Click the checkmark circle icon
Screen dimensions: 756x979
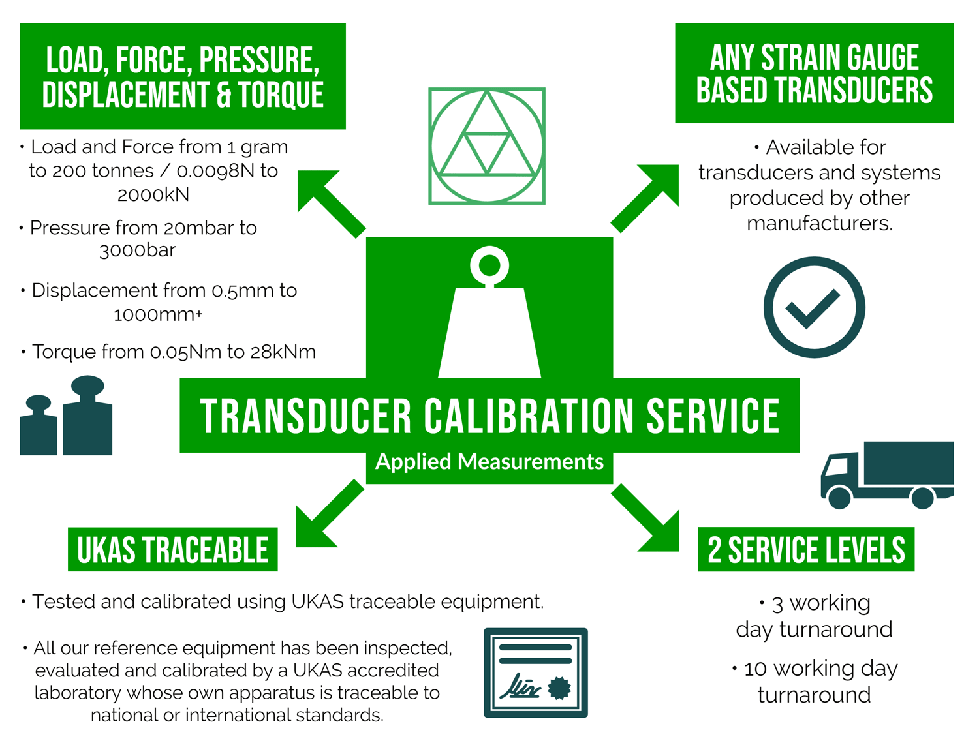(814, 307)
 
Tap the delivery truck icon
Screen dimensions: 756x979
(887, 474)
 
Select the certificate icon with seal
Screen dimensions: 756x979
(536, 673)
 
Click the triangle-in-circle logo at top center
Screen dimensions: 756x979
(487, 146)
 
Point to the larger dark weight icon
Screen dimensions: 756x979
(87, 417)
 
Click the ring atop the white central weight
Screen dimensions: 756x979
(489, 265)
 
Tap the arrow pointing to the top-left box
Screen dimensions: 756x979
(330, 202)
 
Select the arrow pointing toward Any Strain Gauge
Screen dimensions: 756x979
(646, 197)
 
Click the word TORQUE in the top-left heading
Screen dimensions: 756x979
(281, 95)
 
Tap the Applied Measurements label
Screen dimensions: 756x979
(489, 462)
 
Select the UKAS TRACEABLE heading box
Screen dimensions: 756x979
(173, 550)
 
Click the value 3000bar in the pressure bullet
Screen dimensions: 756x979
(138, 250)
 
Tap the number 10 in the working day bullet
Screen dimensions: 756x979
(755, 669)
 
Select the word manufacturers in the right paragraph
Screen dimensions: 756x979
(819, 224)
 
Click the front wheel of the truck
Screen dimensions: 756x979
(839, 498)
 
